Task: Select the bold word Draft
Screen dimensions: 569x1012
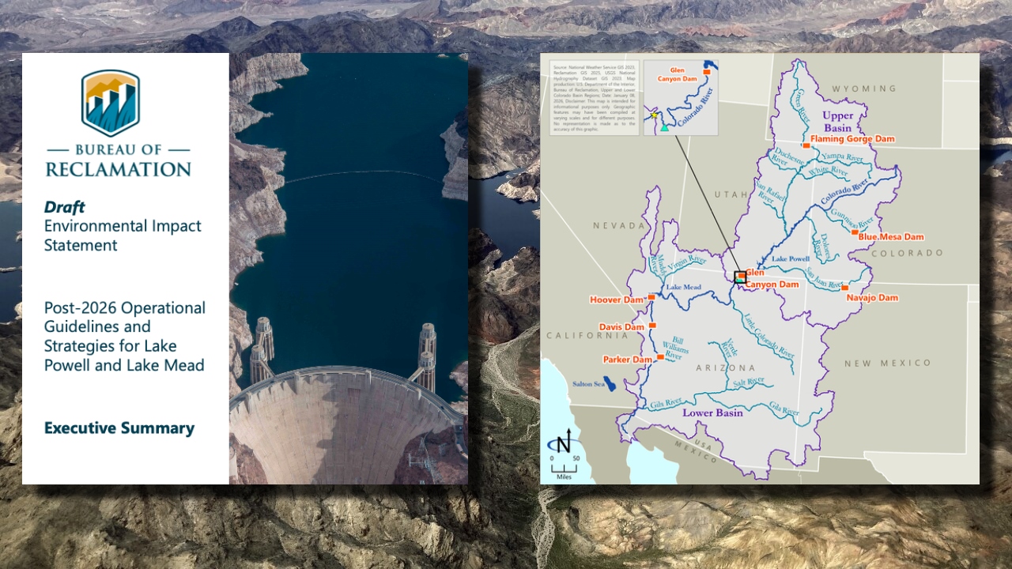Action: pyautogui.click(x=64, y=207)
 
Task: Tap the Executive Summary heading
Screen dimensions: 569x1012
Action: pyautogui.click(x=119, y=428)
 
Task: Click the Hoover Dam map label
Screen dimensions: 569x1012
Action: pyautogui.click(x=617, y=300)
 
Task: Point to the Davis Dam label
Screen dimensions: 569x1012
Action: pyautogui.click(x=621, y=327)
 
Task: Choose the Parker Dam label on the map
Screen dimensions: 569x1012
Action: pyautogui.click(x=628, y=360)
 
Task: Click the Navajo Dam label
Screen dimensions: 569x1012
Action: pyautogui.click(x=872, y=298)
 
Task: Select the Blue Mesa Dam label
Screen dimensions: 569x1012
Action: pyautogui.click(x=890, y=237)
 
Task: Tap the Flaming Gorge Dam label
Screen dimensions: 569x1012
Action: pyautogui.click(x=852, y=139)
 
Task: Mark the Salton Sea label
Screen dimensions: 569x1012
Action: pyautogui.click(x=587, y=385)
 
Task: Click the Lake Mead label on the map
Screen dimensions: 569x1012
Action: pyautogui.click(x=684, y=288)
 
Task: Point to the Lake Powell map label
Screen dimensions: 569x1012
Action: pyautogui.click(x=790, y=259)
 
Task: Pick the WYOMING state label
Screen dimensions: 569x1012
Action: pyautogui.click(x=864, y=89)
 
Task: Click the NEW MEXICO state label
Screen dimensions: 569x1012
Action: pyautogui.click(x=887, y=363)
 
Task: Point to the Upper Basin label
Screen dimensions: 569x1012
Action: pyautogui.click(x=837, y=121)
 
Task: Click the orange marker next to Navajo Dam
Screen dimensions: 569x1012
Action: pyautogui.click(x=844, y=288)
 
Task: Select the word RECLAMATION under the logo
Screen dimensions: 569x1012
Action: pyautogui.click(x=118, y=169)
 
